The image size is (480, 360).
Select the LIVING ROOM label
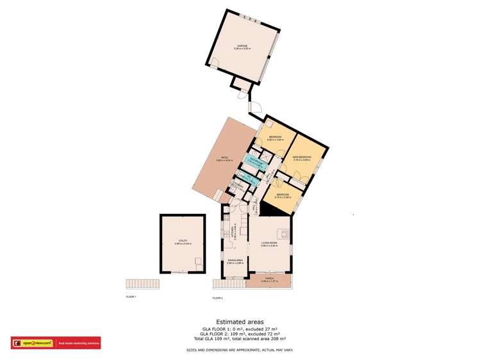click(269, 243)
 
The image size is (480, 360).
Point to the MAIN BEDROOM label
click(302, 157)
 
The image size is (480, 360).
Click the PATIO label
click(224, 159)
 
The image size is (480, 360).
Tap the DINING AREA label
click(235, 260)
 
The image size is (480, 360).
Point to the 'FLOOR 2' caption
click(217, 298)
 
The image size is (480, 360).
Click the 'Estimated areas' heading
click(239, 322)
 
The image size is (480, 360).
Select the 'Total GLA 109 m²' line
click(240, 338)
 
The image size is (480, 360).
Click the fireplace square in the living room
click(280, 233)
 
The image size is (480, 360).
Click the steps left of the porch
click(218, 283)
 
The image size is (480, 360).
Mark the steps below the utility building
click(141, 284)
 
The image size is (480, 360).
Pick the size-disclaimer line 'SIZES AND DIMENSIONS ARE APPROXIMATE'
click(240, 349)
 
